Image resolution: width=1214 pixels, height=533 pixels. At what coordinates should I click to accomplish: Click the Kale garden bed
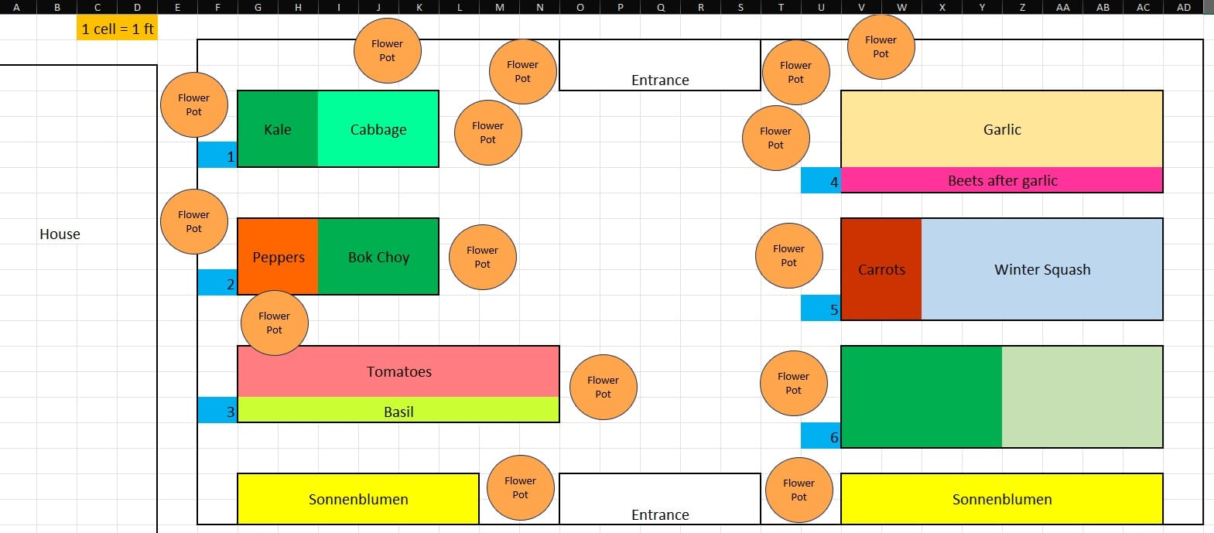[x=277, y=128]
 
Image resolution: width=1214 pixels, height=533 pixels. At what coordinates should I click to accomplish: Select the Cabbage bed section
[x=378, y=128]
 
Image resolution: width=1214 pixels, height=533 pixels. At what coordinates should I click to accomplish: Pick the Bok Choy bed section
[x=378, y=256]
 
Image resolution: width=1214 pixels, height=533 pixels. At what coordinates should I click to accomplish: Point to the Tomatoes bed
[x=398, y=371]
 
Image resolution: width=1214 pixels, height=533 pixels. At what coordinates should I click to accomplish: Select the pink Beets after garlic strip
[x=1002, y=180]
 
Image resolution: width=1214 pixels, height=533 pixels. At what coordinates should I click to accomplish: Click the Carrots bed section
[x=881, y=269]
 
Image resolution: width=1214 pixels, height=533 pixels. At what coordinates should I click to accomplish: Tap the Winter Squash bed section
[x=1041, y=269]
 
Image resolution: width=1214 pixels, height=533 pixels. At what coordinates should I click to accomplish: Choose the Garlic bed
[x=1002, y=129]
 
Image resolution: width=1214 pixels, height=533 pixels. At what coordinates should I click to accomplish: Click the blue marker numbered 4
[x=820, y=181]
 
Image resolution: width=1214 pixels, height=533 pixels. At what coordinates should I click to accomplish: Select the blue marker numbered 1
[x=217, y=155]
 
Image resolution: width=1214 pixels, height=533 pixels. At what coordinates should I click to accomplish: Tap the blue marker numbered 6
[x=820, y=436]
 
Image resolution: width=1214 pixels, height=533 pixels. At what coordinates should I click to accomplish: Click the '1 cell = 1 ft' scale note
[x=117, y=29]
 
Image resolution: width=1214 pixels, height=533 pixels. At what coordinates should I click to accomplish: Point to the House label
[x=60, y=234]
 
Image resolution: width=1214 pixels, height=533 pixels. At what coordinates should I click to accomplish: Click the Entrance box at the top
[x=659, y=66]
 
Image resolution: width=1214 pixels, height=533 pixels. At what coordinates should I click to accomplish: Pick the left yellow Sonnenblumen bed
[x=357, y=499]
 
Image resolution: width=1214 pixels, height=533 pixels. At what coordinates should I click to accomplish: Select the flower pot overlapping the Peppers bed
[x=274, y=323]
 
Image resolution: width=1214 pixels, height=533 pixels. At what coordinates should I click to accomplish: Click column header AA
[x=1062, y=7]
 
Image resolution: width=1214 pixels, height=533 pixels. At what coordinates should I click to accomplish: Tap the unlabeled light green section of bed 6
[x=1082, y=396]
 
